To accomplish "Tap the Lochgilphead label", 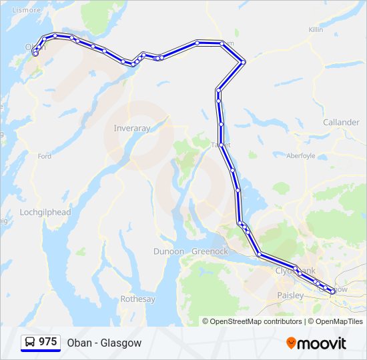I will pyautogui.click(x=45, y=212).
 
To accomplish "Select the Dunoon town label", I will pyautogui.click(x=169, y=251).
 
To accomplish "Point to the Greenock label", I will pyautogui.click(x=210, y=251).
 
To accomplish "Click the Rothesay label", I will pyautogui.click(x=137, y=299).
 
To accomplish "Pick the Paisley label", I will pyautogui.click(x=290, y=295).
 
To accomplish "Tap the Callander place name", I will pyautogui.click(x=341, y=123).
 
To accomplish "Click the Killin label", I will pyautogui.click(x=316, y=30).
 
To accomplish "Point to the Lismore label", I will pyautogui.click(x=26, y=10).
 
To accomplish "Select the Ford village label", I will pyautogui.click(x=45, y=156).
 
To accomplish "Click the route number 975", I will pyautogui.click(x=47, y=342).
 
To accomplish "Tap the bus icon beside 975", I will pyautogui.click(x=31, y=342).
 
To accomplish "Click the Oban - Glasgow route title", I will pyautogui.click(x=104, y=343).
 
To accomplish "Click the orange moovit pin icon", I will pyautogui.click(x=291, y=343).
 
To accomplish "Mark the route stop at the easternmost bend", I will pyautogui.click(x=244, y=62).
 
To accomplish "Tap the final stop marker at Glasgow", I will pyautogui.click(x=332, y=291).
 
